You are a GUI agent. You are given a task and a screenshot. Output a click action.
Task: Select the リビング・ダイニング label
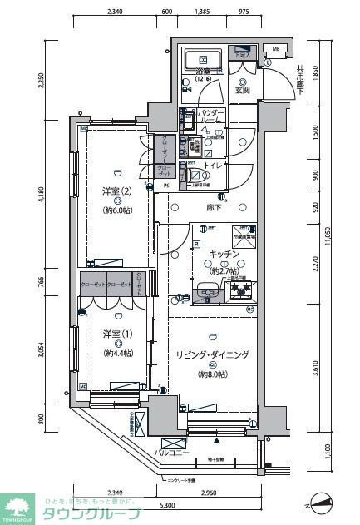pos(212,354)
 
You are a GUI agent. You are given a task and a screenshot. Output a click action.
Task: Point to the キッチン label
pos(224,255)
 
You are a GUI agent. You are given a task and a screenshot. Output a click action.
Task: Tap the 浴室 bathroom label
pos(204,72)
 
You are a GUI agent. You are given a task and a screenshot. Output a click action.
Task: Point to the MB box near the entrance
pos(277,49)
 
